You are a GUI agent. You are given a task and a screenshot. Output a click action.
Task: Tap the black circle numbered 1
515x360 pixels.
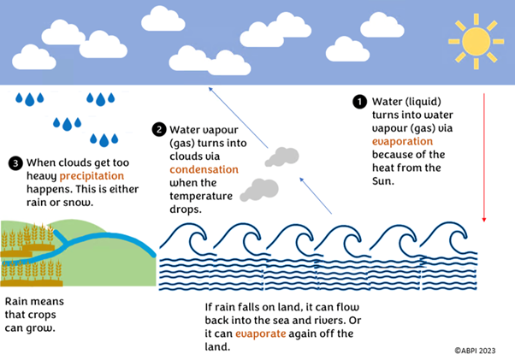pyautogui.click(x=359, y=101)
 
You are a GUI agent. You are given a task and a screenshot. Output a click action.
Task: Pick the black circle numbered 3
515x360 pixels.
pyautogui.click(x=15, y=162)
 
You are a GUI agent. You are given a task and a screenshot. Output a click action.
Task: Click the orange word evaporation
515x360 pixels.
pyautogui.click(x=402, y=141)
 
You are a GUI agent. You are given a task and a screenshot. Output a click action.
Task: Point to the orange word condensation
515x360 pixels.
pyautogui.click(x=204, y=169)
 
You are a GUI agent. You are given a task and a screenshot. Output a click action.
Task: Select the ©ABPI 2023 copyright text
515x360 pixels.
pyautogui.click(x=476, y=350)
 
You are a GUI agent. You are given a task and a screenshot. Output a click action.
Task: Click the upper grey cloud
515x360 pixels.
pyautogui.click(x=282, y=157)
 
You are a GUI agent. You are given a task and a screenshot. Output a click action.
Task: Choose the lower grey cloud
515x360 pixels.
pyautogui.click(x=258, y=190)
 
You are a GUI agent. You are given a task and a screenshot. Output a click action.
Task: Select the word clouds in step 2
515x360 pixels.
pyautogui.click(x=186, y=156)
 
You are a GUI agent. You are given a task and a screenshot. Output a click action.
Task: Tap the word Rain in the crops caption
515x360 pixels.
pyautogui.click(x=18, y=302)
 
